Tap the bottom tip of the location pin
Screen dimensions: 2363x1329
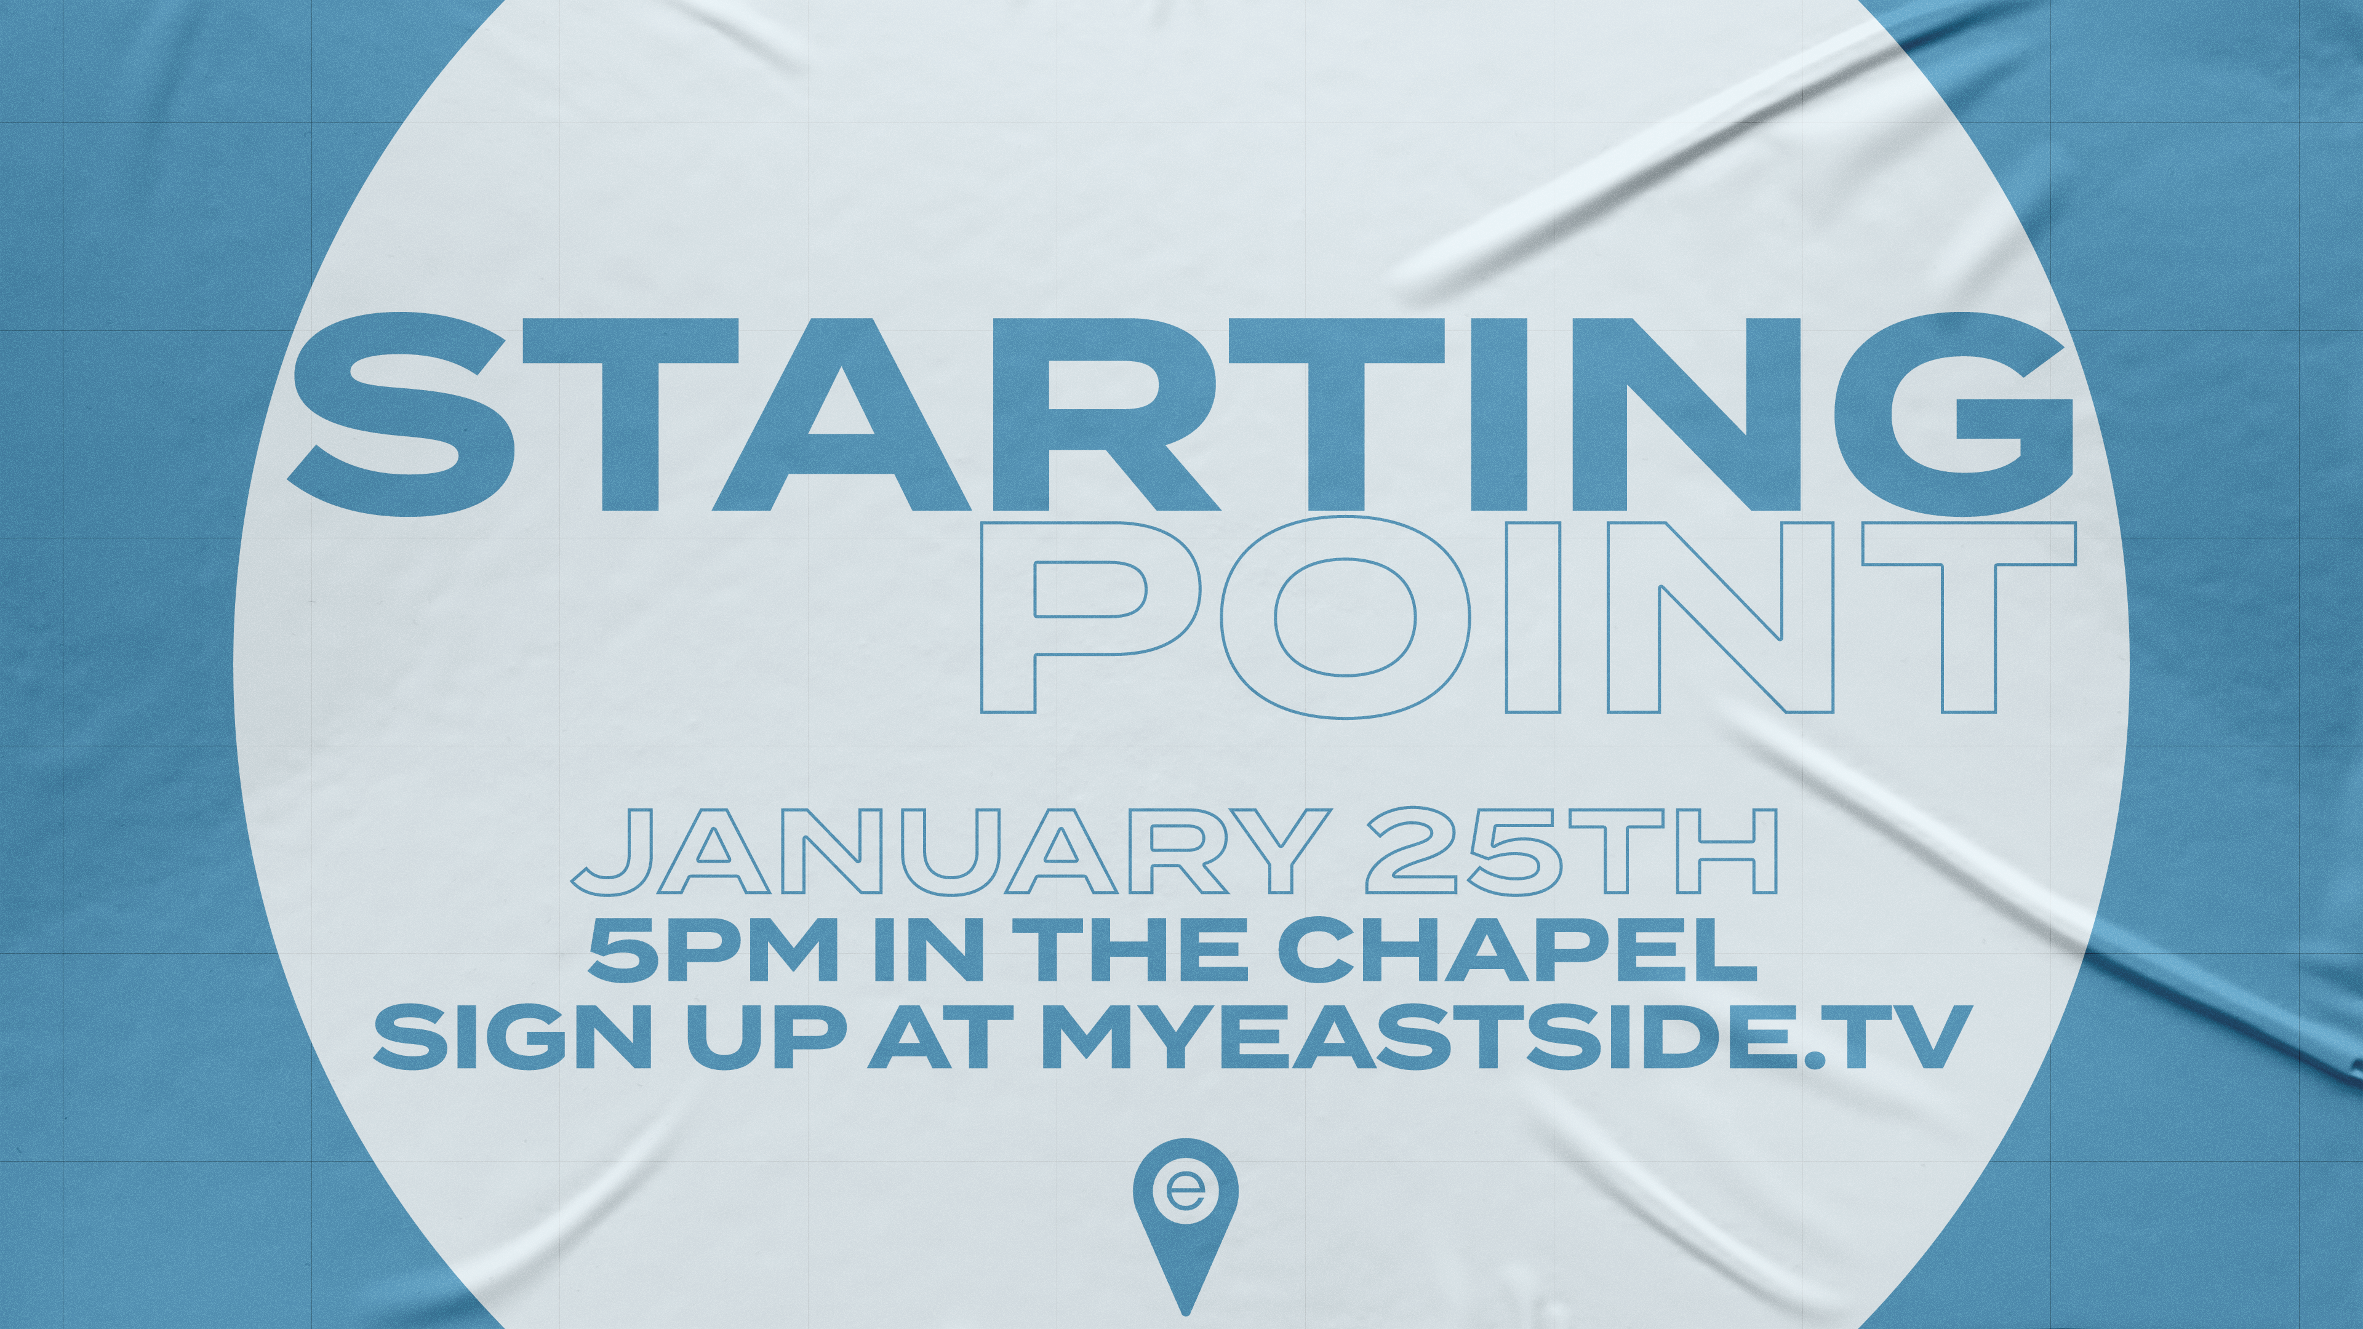(1185, 1314)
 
